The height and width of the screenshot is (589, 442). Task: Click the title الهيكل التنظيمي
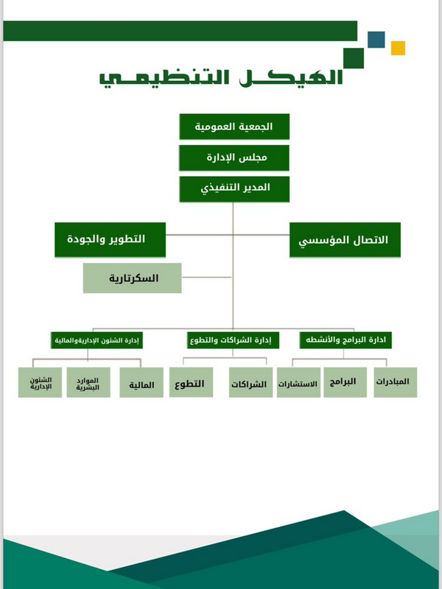pos(222,77)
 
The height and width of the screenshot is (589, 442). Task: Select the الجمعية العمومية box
pos(234,127)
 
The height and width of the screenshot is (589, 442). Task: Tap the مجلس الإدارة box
pos(234,158)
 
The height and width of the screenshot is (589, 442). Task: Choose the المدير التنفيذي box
pos(234,188)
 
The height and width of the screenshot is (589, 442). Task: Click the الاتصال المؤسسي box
pos(344,240)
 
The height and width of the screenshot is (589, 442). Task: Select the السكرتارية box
pos(133,279)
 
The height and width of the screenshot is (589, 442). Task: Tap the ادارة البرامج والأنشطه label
pos(346,340)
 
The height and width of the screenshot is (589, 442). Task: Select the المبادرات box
pos(391,382)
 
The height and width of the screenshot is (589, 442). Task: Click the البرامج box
pos(344,382)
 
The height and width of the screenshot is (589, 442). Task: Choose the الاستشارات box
pos(298,384)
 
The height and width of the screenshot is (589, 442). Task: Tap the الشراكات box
pos(249,384)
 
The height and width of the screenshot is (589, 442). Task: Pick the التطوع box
pos(191,384)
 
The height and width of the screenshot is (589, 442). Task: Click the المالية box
pos(141,384)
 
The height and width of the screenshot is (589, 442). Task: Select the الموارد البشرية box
pos(88,384)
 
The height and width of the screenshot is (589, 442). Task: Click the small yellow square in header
pos(398,49)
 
